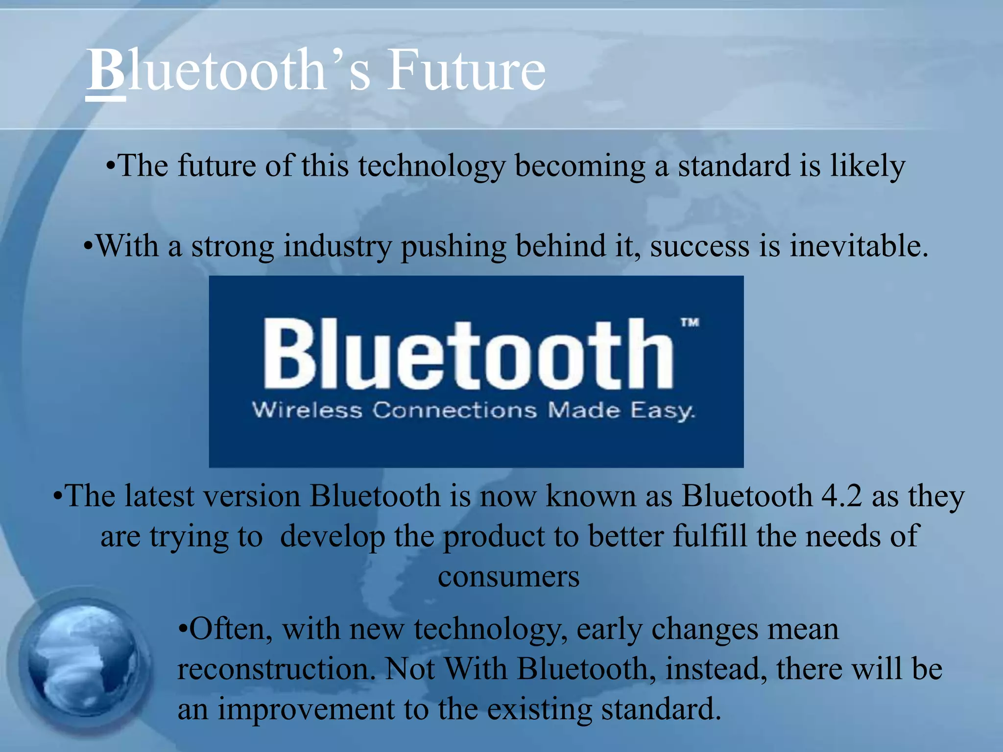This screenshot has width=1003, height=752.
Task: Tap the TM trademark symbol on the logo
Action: coord(690,323)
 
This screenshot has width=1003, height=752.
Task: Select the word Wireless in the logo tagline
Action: coord(307,410)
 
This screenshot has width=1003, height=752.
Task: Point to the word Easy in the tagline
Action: coord(662,410)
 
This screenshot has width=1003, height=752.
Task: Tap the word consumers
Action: coord(508,577)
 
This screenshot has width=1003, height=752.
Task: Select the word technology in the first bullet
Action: coord(431,166)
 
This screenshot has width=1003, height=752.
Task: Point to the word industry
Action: coord(337,246)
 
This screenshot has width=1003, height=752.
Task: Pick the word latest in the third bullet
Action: coord(159,496)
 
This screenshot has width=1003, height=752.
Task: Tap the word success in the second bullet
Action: coord(699,246)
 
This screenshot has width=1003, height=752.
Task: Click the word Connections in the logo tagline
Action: coord(454,410)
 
